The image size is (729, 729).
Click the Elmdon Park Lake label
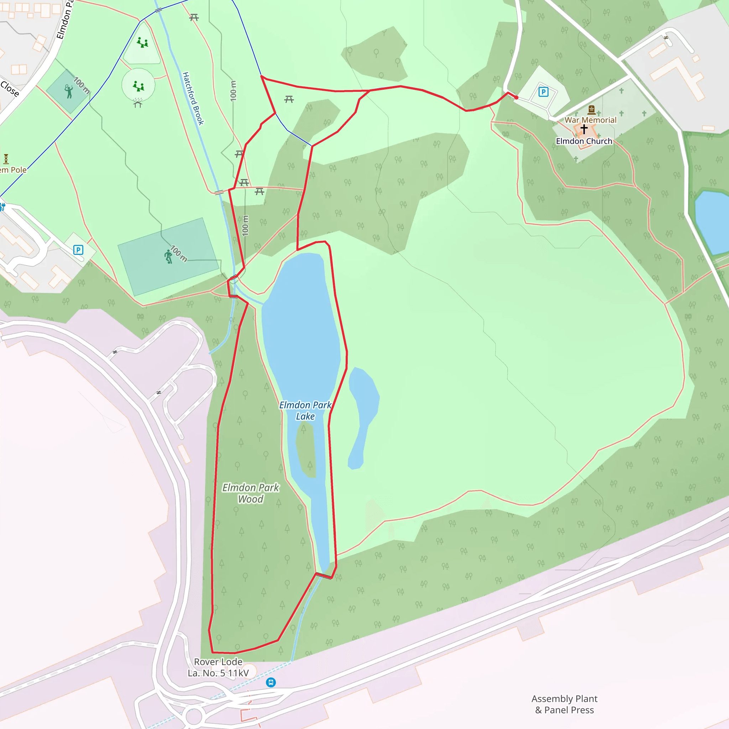coord(305,410)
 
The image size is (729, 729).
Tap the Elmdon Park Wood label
coord(251,493)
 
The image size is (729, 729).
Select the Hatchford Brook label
coord(193,99)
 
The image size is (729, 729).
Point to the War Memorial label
coord(590,120)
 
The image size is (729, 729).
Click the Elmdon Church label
coord(584,141)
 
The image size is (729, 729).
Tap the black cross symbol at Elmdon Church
coord(584,129)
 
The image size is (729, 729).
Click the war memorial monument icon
coord(591,110)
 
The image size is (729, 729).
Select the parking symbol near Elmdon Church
coord(543,92)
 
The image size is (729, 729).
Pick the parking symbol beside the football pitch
coord(78,250)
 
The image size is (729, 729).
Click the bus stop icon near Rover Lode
coord(271,682)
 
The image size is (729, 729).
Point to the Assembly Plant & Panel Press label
coord(565,704)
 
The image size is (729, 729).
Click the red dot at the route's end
coord(516,97)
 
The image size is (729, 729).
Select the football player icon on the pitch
coord(168,257)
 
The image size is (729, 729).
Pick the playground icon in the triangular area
coord(142,42)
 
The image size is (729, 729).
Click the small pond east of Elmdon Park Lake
coord(362,415)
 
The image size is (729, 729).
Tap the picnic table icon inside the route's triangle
coord(289,99)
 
